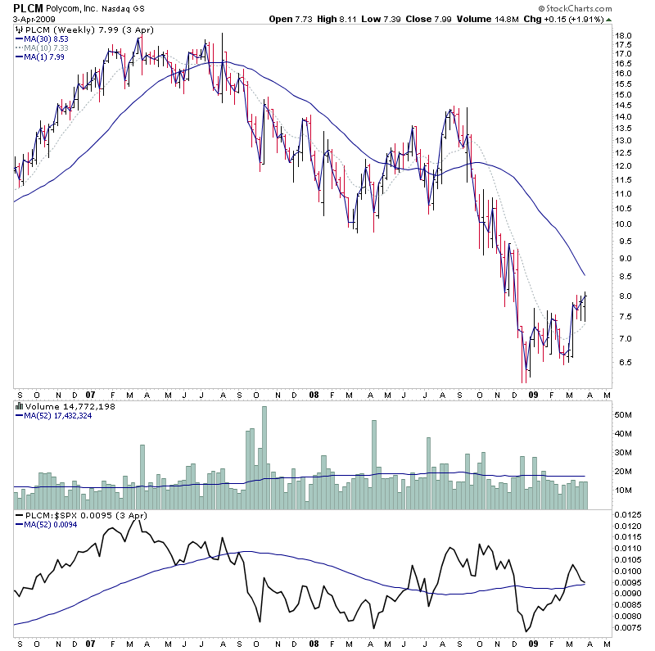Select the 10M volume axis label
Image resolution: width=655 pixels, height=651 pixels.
625,491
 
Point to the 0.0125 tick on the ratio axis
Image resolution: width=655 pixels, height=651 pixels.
628,513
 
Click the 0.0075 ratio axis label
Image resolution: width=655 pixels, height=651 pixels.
628,629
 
